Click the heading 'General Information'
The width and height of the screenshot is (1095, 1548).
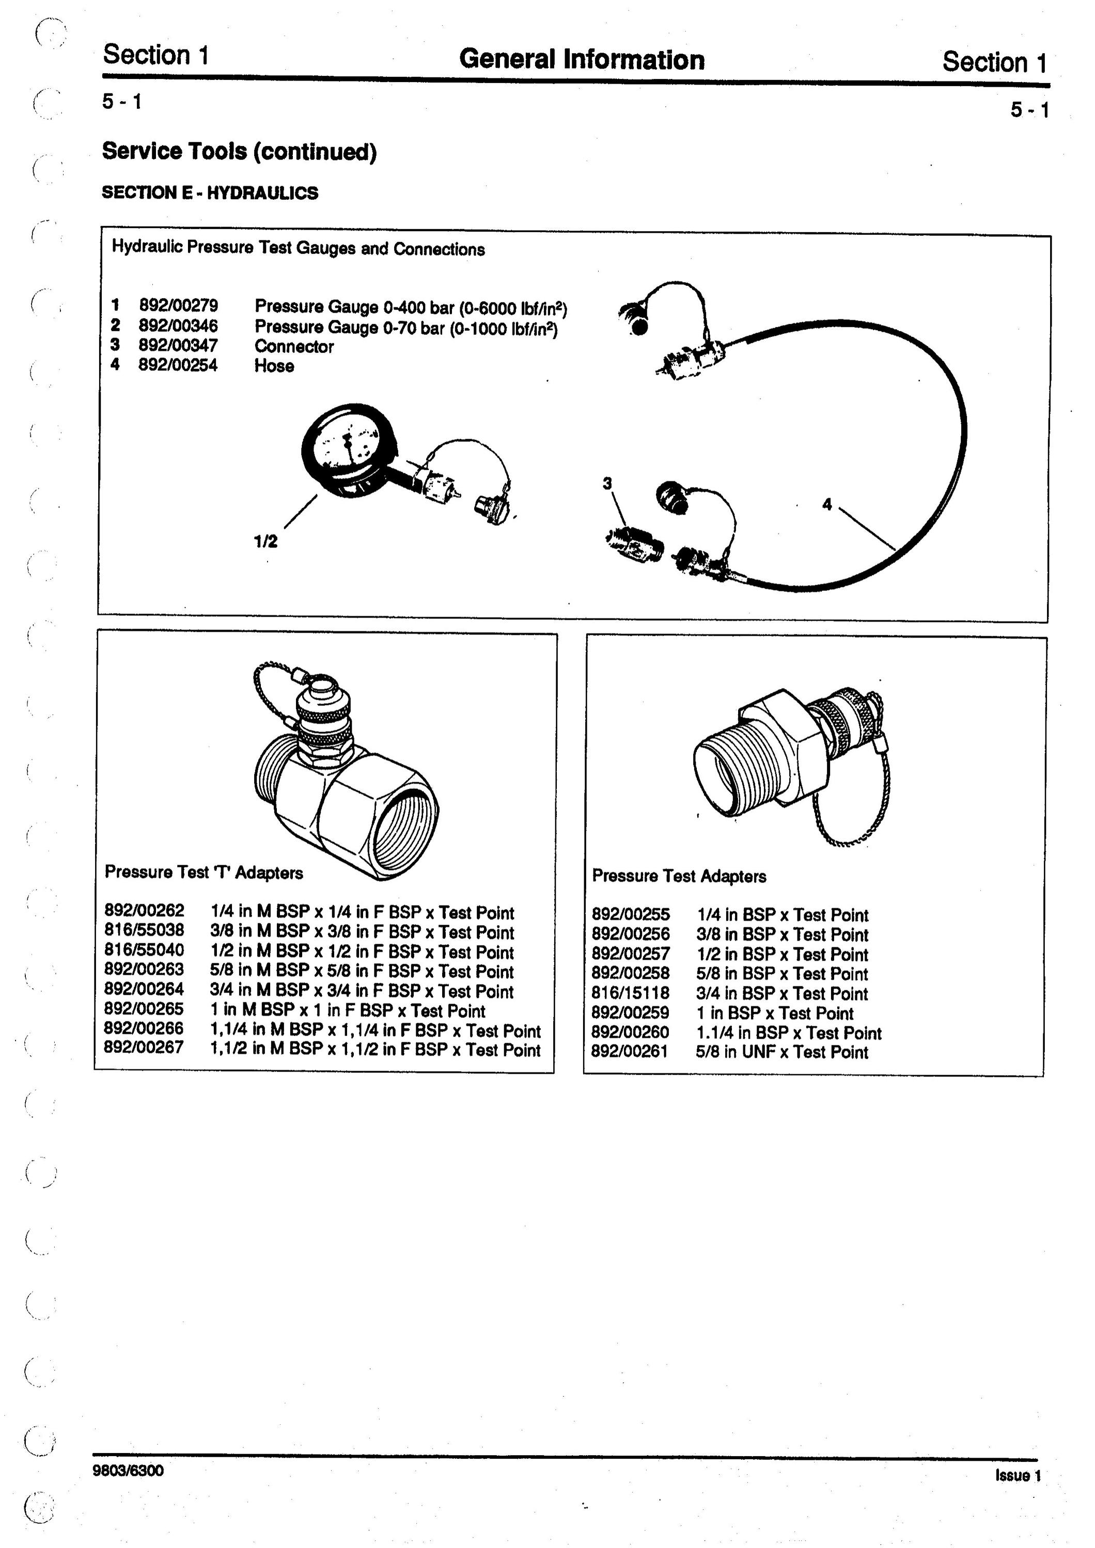pyautogui.click(x=582, y=59)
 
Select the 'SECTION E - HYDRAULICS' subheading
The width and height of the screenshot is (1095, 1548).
pyautogui.click(x=210, y=193)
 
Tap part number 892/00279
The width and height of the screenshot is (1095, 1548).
pyautogui.click(x=178, y=305)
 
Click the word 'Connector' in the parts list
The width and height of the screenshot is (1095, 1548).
pyautogui.click(x=294, y=347)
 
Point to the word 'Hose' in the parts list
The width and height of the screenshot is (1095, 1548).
pyautogui.click(x=274, y=366)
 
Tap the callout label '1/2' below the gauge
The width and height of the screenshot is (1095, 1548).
pyautogui.click(x=265, y=541)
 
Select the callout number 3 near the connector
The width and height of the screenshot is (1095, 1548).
pyautogui.click(x=607, y=483)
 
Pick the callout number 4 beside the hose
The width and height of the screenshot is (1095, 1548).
pyautogui.click(x=827, y=504)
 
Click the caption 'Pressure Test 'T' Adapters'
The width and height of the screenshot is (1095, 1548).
pyautogui.click(x=204, y=873)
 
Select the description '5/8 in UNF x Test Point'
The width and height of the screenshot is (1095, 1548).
pyautogui.click(x=782, y=1052)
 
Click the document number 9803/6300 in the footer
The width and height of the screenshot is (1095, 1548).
pyautogui.click(x=128, y=1470)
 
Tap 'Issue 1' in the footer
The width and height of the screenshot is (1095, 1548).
pyautogui.click(x=1018, y=1475)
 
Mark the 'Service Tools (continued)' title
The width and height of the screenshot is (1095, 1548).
pyautogui.click(x=240, y=151)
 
